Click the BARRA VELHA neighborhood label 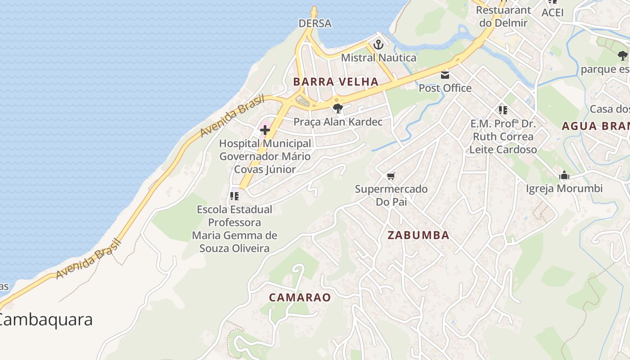(x=336, y=81)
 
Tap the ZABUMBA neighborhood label (x=418, y=235)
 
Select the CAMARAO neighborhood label (x=300, y=297)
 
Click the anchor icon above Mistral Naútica (x=378, y=45)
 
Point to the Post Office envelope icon (x=445, y=75)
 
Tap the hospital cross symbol (x=265, y=130)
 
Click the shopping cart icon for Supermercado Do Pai (x=391, y=176)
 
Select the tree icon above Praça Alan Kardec (x=337, y=108)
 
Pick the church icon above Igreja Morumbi (x=564, y=175)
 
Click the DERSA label (x=315, y=23)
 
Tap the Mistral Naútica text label (x=378, y=58)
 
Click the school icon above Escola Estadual (x=234, y=196)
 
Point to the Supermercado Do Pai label (x=391, y=195)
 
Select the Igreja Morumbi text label (x=564, y=188)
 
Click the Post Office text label (x=445, y=88)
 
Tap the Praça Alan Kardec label (x=337, y=121)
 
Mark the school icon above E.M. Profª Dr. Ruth (x=503, y=110)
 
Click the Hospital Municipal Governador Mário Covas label (x=265, y=156)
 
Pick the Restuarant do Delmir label (x=503, y=16)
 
